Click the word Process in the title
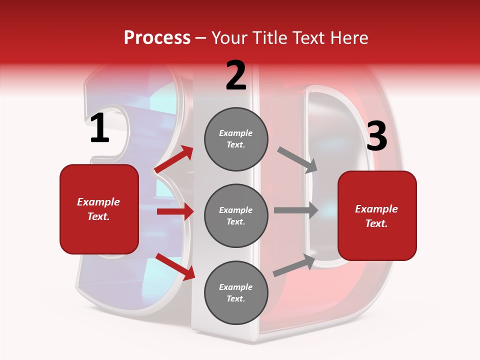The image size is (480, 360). [x=157, y=38]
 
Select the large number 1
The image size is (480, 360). [x=99, y=128]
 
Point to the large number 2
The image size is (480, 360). [x=236, y=75]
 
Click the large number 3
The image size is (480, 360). [x=376, y=136]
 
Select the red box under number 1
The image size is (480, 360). [x=99, y=209]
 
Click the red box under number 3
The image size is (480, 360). [x=377, y=216]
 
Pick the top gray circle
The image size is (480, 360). [x=236, y=139]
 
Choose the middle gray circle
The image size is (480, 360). [x=236, y=215]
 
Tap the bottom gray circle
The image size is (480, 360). [x=236, y=292]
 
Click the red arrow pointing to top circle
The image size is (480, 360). [x=174, y=159]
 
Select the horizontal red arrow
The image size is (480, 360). [x=175, y=211]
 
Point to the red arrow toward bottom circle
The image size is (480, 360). [x=175, y=266]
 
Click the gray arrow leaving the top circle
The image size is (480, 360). [x=298, y=160]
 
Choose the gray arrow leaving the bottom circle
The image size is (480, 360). [x=294, y=265]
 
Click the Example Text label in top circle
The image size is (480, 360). [x=236, y=139]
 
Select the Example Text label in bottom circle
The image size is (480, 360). [x=236, y=292]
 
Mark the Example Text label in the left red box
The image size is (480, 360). [x=99, y=209]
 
